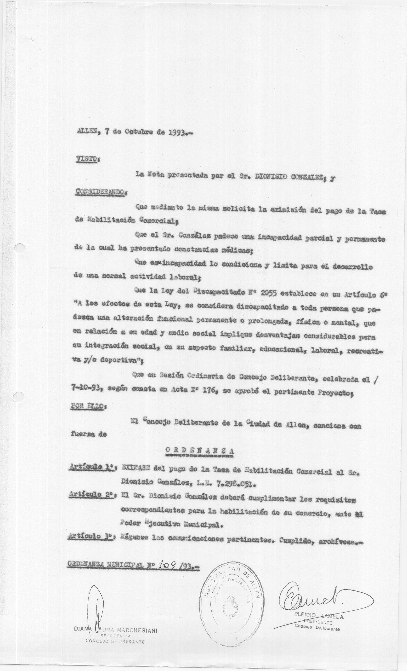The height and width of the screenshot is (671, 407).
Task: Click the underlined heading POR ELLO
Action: coord(86,406)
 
